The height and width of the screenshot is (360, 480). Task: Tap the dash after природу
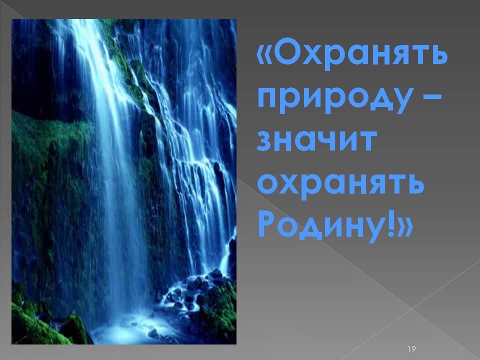tap(433, 97)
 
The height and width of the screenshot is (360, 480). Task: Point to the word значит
tap(316, 141)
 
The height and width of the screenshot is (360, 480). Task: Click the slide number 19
tap(411, 348)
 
